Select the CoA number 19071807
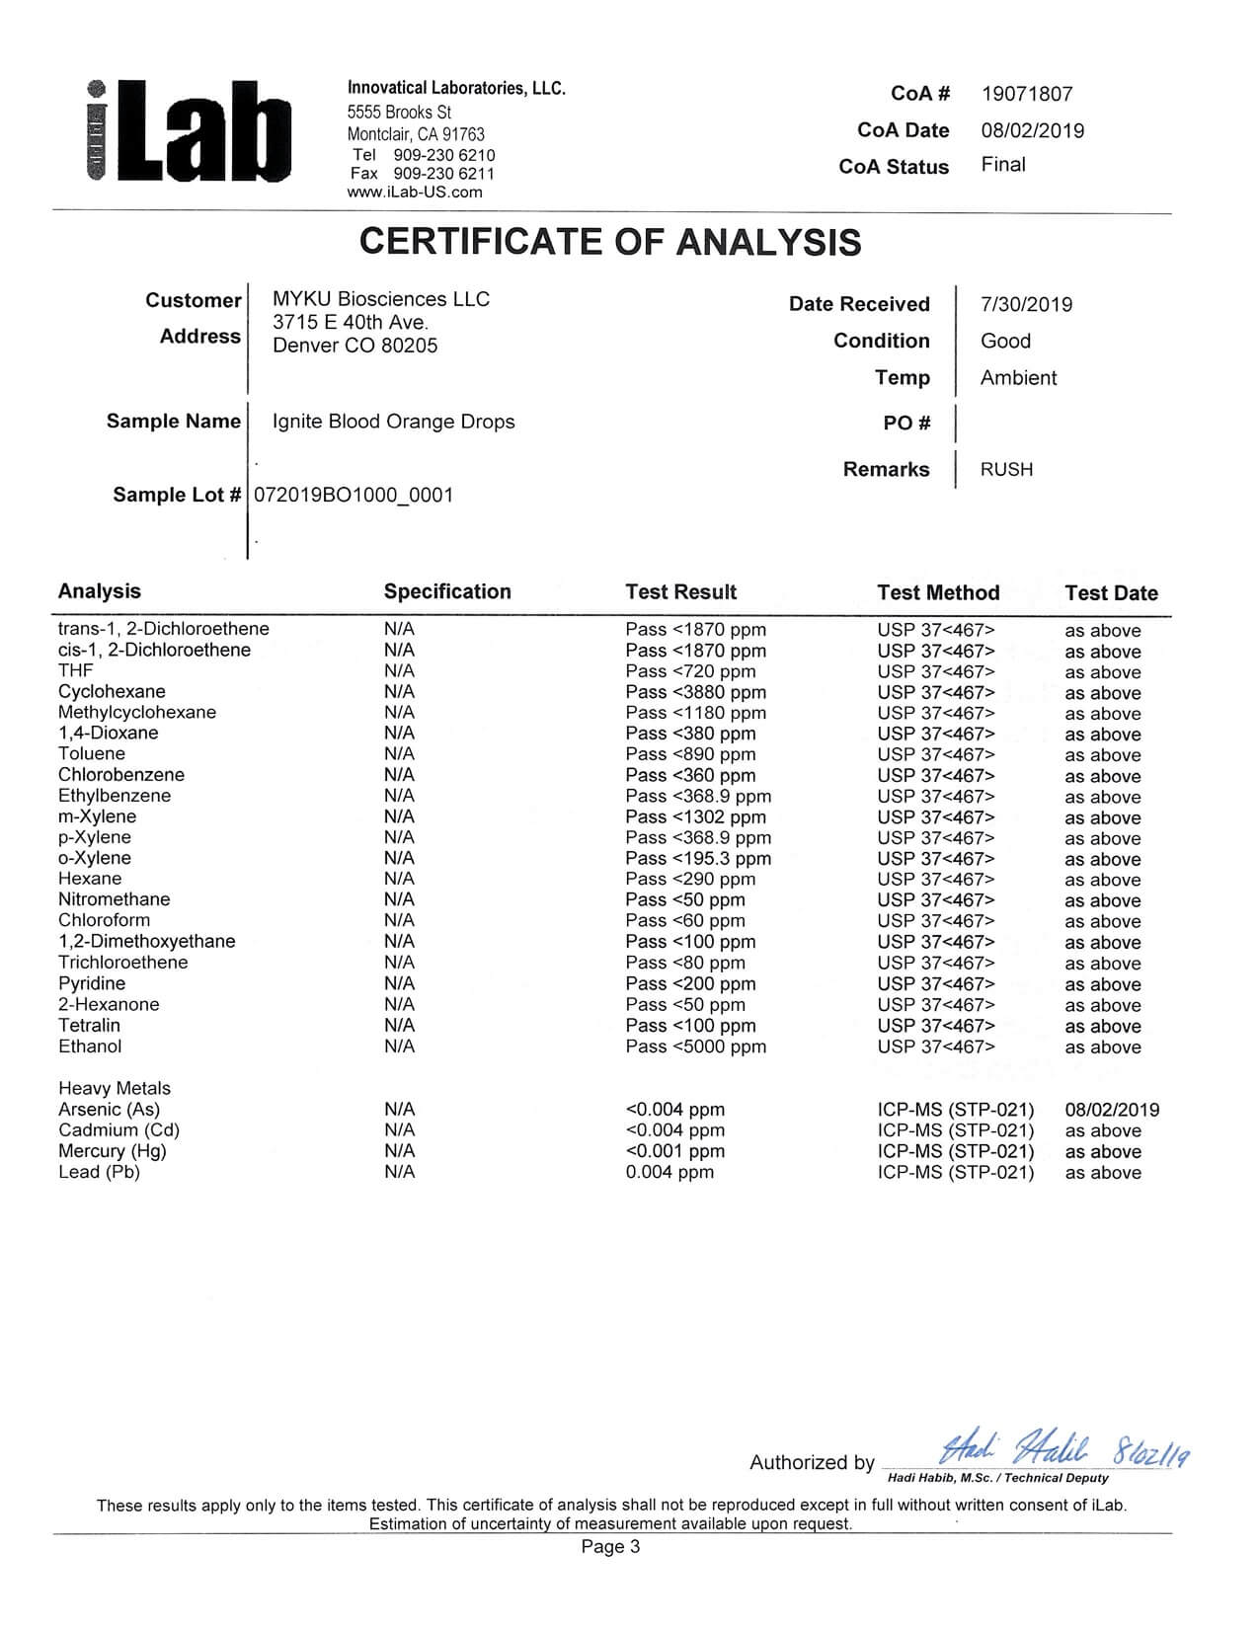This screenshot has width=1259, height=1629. click(1026, 94)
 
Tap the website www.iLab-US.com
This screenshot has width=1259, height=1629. click(415, 193)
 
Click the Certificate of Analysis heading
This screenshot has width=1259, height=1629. click(610, 242)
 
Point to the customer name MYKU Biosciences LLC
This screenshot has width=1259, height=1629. click(380, 299)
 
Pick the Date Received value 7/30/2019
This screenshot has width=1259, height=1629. click(1026, 304)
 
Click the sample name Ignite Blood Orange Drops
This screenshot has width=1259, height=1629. click(393, 422)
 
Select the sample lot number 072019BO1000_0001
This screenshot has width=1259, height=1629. click(354, 495)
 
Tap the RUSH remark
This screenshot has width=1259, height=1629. click(1006, 470)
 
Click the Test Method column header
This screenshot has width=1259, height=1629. click(938, 592)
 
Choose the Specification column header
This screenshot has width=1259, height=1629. click(447, 591)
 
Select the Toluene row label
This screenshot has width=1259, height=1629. click(92, 754)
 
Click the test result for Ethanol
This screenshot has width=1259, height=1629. click(695, 1047)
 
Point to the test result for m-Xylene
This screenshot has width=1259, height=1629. click(695, 817)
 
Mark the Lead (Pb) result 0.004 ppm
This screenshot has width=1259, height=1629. click(669, 1172)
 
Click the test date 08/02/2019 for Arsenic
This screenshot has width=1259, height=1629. click(1112, 1110)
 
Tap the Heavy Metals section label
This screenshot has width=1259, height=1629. click(115, 1088)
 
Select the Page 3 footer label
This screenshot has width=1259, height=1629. click(610, 1547)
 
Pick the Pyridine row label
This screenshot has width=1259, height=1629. click(92, 983)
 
